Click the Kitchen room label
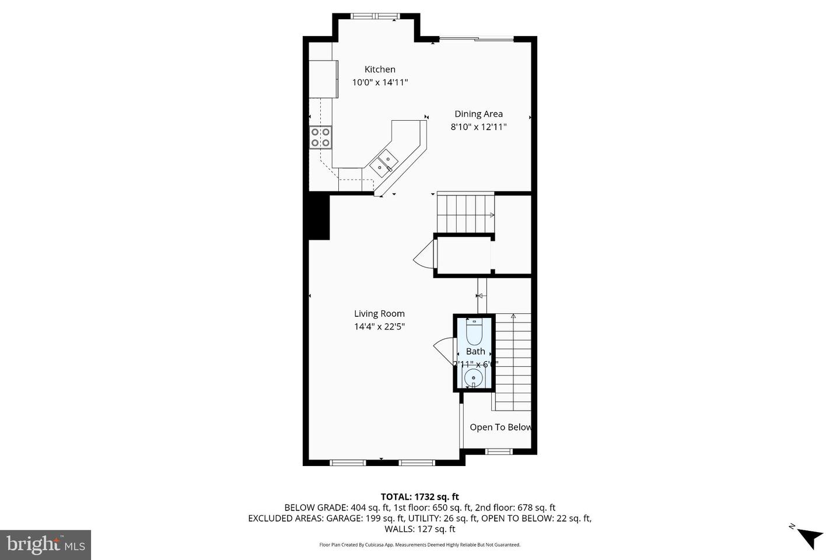click(380, 69)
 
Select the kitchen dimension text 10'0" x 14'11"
click(380, 83)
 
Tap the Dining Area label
click(478, 114)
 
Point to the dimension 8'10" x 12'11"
click(478, 127)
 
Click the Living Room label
click(379, 314)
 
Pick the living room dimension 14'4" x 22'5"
click(379, 327)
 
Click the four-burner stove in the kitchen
click(320, 137)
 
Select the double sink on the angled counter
click(384, 163)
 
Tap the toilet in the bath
click(474, 332)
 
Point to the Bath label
click(475, 351)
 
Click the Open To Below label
click(501, 427)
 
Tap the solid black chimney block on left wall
click(318, 217)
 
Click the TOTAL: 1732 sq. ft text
click(419, 497)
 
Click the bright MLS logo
click(45, 545)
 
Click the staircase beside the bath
click(513, 362)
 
